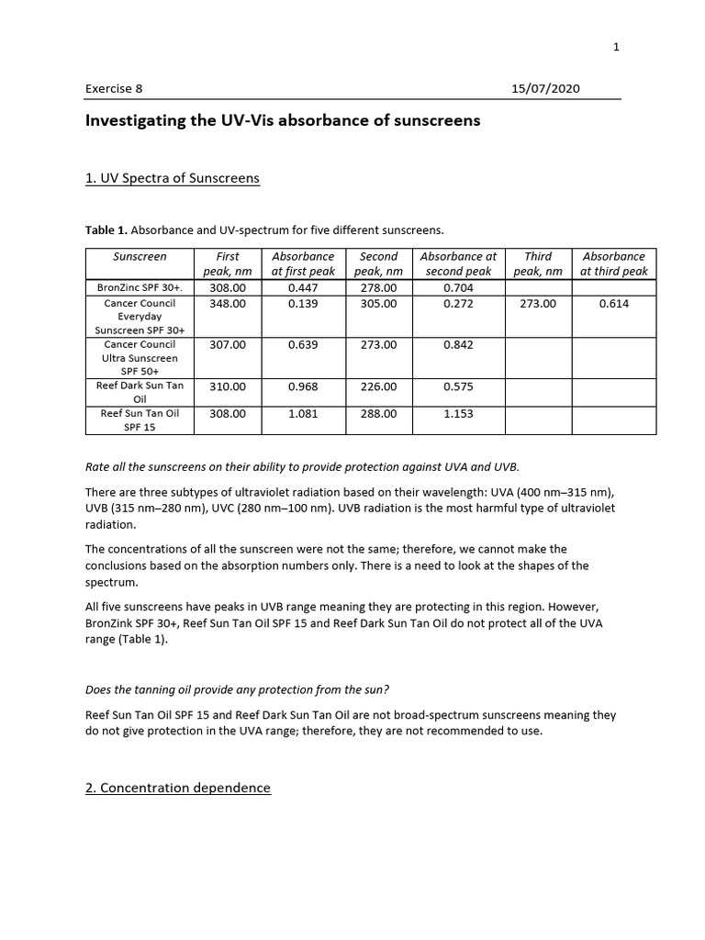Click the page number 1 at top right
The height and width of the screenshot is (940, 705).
coord(617,48)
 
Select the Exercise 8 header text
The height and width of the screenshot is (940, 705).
coord(114,89)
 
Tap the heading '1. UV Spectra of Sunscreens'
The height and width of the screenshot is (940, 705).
coord(173,177)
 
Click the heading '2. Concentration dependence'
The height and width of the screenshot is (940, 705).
coord(178,788)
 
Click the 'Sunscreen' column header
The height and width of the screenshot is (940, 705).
coord(140,256)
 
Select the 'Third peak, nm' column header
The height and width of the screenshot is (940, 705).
coord(537,263)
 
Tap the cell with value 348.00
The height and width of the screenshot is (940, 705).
coord(228,303)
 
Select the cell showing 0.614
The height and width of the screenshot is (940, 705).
coord(613,303)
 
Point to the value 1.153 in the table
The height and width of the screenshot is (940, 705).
coord(458,413)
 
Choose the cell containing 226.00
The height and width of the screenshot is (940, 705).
coord(378,386)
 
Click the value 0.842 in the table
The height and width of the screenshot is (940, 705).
coord(458,344)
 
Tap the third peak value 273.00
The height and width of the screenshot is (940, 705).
coord(537,303)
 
